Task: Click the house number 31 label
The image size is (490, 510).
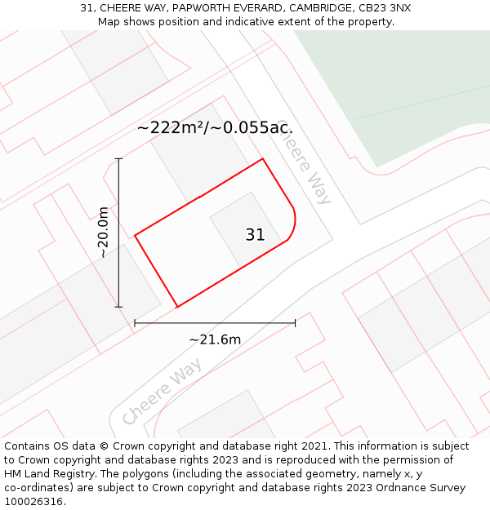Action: coord(255,235)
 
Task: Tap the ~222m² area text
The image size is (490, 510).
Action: coord(171,127)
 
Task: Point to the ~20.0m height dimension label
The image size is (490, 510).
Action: coord(103,233)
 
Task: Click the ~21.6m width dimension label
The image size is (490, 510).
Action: coord(215,339)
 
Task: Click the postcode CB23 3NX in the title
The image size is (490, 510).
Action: coord(384,8)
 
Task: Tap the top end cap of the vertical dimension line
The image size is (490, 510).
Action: coord(119,158)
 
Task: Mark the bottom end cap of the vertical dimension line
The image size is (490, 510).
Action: coord(119,307)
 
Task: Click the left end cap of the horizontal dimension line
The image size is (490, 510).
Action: coord(135,323)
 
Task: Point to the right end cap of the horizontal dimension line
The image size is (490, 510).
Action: coord(295,323)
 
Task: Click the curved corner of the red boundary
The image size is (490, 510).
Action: coord(292,224)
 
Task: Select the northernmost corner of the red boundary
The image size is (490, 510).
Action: coord(262,158)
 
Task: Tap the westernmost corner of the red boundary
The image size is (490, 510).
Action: coord(135,236)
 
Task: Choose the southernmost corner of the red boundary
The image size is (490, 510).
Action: coord(177,307)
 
